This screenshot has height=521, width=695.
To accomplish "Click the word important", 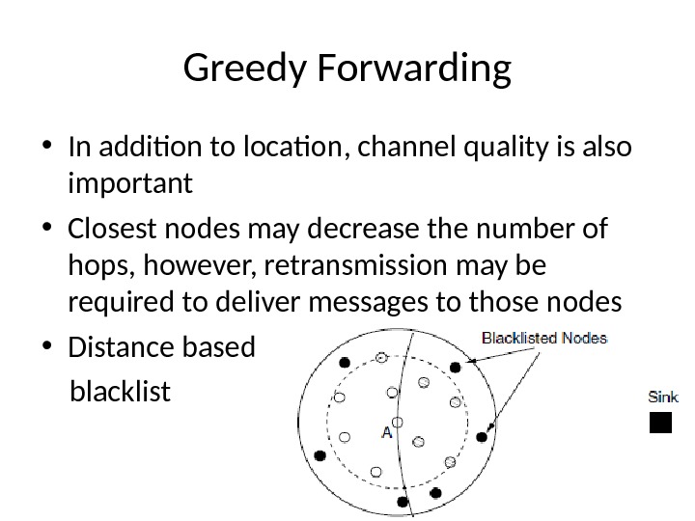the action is point(131,183).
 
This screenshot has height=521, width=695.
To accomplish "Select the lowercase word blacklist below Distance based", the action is point(121,393).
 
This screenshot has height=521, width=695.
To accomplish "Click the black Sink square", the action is point(660,423).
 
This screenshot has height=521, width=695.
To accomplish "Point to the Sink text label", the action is point(663,396).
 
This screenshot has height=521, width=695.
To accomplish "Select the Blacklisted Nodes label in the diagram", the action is point(544,338).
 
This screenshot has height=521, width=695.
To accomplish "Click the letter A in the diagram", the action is point(387,432).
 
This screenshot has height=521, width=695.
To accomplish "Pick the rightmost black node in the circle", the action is point(482,437).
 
